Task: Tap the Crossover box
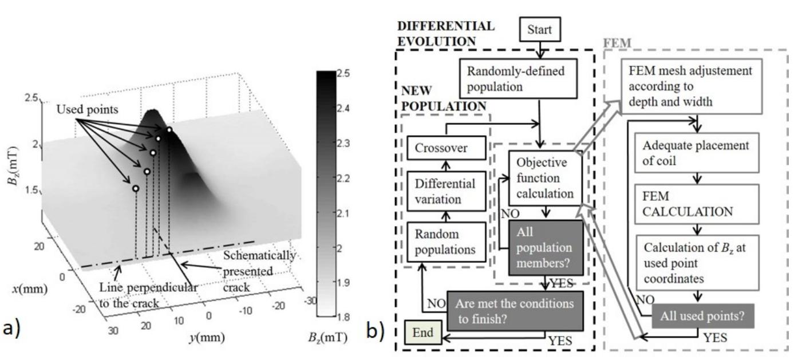pos(445,148)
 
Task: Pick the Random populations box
pos(445,243)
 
